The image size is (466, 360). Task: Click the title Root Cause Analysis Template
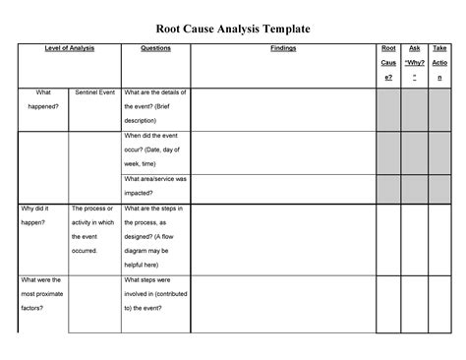click(233, 30)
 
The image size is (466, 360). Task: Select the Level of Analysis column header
click(69, 47)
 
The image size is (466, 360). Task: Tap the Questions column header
click(155, 47)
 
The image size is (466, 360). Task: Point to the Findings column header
click(282, 47)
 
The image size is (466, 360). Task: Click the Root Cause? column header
click(388, 61)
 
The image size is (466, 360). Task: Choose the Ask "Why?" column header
click(415, 61)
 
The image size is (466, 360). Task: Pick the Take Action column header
click(440, 61)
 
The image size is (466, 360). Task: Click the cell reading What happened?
click(42, 99)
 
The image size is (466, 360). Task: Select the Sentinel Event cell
click(94, 92)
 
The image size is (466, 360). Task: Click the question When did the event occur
click(155, 150)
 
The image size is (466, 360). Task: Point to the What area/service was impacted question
click(155, 186)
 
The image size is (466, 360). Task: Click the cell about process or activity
click(94, 230)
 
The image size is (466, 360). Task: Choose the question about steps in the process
click(155, 237)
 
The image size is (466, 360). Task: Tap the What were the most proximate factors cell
click(42, 294)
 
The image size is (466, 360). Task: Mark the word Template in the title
click(283, 30)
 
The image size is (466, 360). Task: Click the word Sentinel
click(84, 92)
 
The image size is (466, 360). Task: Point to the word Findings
click(282, 47)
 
